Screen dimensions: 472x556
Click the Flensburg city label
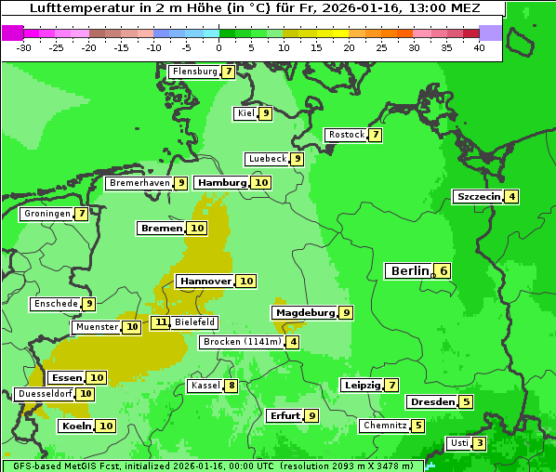point(194,72)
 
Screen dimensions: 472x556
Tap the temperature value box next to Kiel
point(265,113)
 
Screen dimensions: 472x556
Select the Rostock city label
point(346,135)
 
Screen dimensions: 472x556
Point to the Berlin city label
point(409,270)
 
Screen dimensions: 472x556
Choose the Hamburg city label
point(223,182)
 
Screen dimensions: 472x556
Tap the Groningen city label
point(47,214)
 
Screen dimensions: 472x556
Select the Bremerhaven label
point(139,183)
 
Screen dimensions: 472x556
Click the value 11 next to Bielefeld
point(161,322)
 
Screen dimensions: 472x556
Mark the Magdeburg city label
point(304,313)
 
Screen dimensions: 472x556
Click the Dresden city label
point(431,402)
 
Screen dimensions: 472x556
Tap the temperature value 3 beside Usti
point(479,443)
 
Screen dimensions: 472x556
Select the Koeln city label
point(76,426)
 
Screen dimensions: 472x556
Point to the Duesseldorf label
point(45,394)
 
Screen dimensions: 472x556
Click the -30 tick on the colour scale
point(24,47)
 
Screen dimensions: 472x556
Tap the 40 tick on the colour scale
point(479,47)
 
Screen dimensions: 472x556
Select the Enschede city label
point(55,304)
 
